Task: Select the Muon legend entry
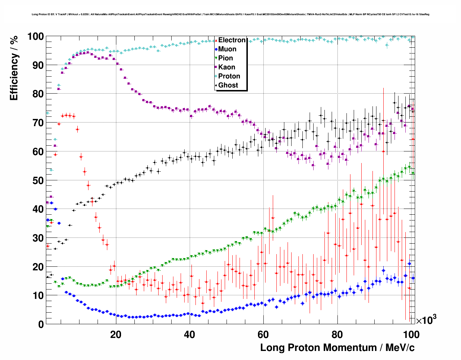pyautogui.click(x=227, y=49)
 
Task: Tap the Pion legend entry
pyautogui.click(x=225, y=58)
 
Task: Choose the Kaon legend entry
pyautogui.click(x=227, y=67)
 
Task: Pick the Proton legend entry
pyautogui.click(x=229, y=76)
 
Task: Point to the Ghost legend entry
pyautogui.click(x=228, y=85)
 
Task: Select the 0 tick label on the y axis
pyautogui.click(x=41, y=324)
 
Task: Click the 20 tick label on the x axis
pyautogui.click(x=116, y=335)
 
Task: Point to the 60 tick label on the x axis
pyautogui.click(x=263, y=335)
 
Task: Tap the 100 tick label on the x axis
pyautogui.click(x=411, y=335)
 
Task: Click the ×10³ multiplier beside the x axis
pyautogui.click(x=426, y=320)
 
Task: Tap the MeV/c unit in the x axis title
pyautogui.click(x=400, y=348)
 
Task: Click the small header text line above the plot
pyautogui.click(x=230, y=14)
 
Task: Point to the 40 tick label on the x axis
pyautogui.click(x=190, y=335)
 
